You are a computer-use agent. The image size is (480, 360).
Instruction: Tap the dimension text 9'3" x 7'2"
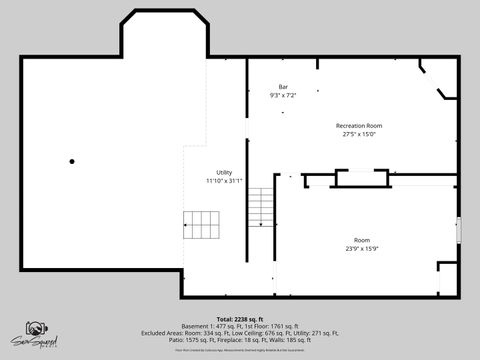283,96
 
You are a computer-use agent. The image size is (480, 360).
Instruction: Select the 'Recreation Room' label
358,125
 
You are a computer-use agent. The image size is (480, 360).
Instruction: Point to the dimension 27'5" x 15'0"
358,133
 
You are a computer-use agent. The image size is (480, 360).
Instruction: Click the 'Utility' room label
224,172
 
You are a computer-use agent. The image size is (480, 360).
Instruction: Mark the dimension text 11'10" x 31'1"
224,181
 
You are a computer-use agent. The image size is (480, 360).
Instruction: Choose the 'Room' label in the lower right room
361,240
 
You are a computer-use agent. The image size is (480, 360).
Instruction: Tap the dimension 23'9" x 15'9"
361,248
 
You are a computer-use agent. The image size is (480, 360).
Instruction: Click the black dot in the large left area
72,161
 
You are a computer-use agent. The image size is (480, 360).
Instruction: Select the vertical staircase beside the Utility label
260,207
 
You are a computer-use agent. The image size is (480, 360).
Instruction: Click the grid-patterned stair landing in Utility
203,225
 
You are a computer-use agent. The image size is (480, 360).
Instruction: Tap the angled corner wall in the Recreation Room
443,96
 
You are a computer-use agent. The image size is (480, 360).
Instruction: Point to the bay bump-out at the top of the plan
164,35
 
